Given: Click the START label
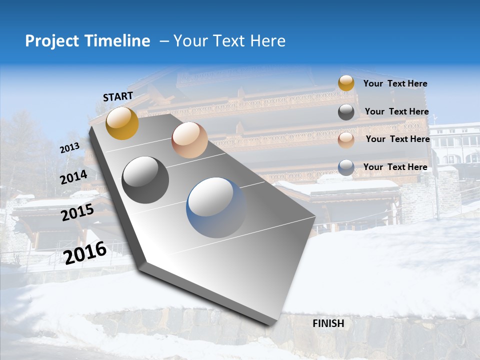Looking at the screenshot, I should pyautogui.click(x=118, y=96).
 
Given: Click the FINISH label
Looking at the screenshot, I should pyautogui.click(x=328, y=323).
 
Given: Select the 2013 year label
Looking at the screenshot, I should pyautogui.click(x=69, y=148).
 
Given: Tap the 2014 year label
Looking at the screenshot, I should pyautogui.click(x=74, y=177).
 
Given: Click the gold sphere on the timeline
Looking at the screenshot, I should pyautogui.click(x=122, y=123).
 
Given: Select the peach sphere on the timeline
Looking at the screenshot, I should pyautogui.click(x=189, y=140).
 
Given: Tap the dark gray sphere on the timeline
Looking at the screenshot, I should pyautogui.click(x=145, y=180).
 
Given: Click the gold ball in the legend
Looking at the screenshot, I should pyautogui.click(x=346, y=83).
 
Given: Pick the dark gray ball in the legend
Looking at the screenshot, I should pyautogui.click(x=346, y=112).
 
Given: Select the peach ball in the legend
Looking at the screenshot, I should pyautogui.click(x=346, y=140).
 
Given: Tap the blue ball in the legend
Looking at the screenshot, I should pyautogui.click(x=346, y=167).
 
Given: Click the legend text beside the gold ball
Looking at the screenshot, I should pyautogui.click(x=395, y=84).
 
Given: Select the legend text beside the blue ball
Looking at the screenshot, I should pyautogui.click(x=395, y=167).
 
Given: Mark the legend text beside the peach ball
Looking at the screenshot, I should pyautogui.click(x=397, y=139).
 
